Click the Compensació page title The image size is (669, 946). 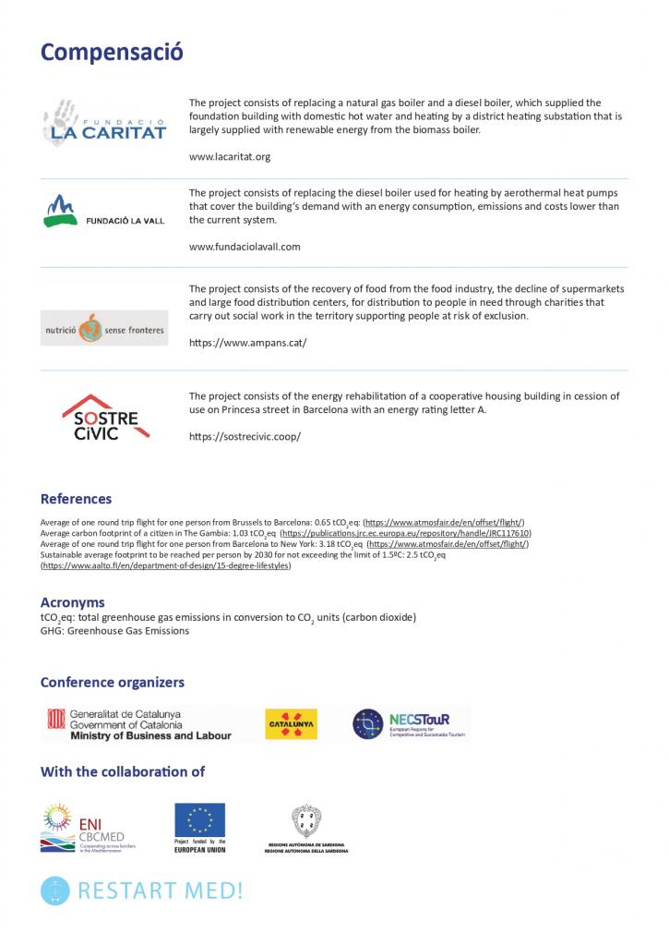click(x=112, y=52)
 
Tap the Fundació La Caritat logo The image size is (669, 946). click(x=104, y=123)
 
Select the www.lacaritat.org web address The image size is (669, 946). click(x=229, y=157)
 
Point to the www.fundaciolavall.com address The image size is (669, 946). click(x=245, y=247)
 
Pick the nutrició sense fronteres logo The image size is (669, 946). click(x=104, y=328)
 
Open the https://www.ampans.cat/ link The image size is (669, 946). click(x=247, y=342)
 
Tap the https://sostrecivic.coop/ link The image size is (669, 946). click(x=245, y=436)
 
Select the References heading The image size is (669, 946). click(x=76, y=499)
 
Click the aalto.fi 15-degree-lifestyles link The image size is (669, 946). click(x=166, y=565)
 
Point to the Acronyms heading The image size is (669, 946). click(x=72, y=602)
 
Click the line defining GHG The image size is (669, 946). click(x=114, y=631)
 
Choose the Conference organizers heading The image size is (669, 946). click(x=112, y=683)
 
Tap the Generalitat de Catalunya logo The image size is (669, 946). click(x=138, y=724)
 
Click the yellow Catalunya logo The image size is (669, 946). click(x=291, y=724)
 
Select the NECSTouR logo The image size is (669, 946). click(x=410, y=724)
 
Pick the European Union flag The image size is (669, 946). click(x=199, y=819)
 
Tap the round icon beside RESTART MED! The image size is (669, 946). click(x=55, y=891)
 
